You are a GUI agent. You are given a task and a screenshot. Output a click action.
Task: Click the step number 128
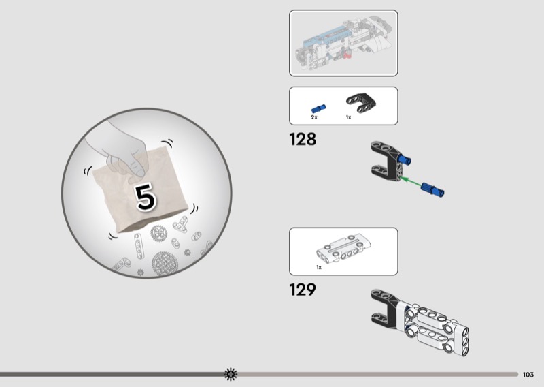303,139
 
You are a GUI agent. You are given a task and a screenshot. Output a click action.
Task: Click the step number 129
303,290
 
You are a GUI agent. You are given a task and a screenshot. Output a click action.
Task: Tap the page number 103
528,375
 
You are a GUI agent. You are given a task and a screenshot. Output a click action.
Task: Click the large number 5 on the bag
146,197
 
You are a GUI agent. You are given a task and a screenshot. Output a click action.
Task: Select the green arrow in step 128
411,182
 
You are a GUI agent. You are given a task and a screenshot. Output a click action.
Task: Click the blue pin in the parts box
318,108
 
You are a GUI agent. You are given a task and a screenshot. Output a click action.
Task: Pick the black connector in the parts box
361,103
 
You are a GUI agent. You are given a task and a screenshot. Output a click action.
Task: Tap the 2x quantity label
314,117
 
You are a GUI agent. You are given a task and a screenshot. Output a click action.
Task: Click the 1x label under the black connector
348,117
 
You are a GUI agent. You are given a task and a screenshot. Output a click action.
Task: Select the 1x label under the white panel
319,267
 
